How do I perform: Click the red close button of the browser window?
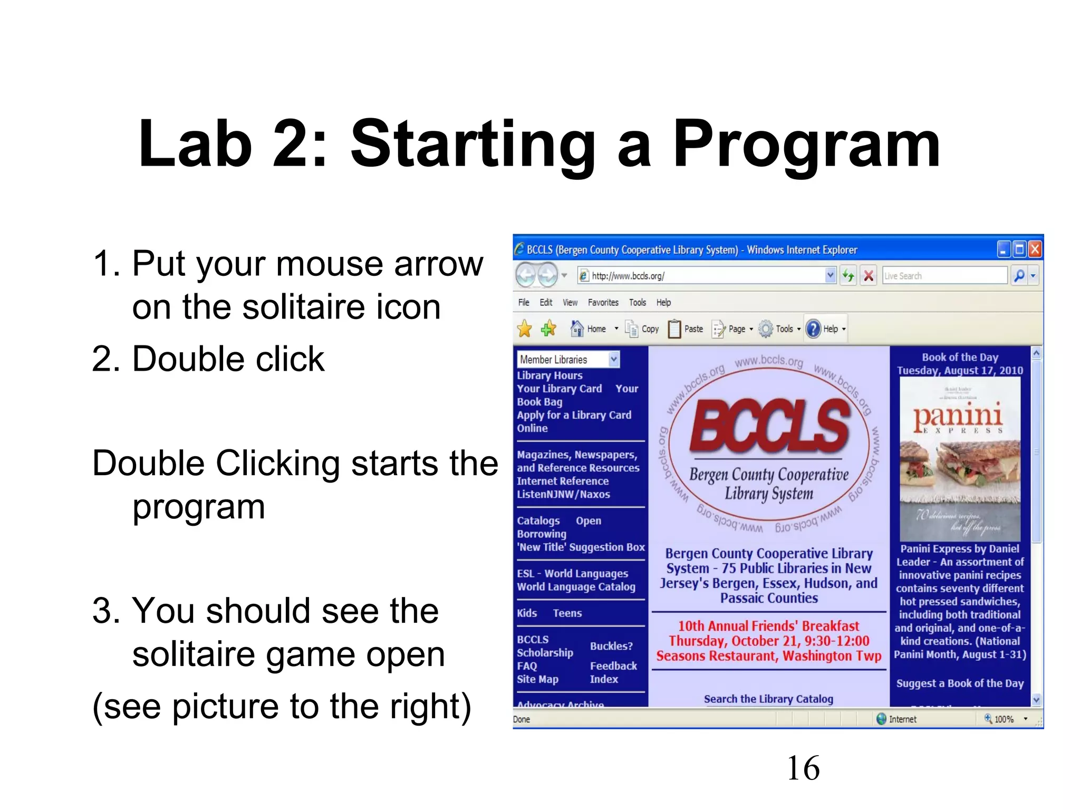tap(1035, 249)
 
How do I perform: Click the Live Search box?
tap(944, 275)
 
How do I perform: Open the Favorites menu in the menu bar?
tap(603, 302)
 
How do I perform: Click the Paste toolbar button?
tap(686, 329)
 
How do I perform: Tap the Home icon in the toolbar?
tap(577, 329)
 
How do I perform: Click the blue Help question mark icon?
tap(814, 329)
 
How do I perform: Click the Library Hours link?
tap(549, 375)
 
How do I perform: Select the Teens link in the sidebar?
tap(567, 613)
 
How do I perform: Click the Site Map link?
tap(537, 679)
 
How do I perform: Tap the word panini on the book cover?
tap(958, 416)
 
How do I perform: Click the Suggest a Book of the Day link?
tap(960, 683)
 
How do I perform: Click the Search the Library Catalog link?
tap(768, 699)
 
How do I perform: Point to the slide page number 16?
tap(803, 768)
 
